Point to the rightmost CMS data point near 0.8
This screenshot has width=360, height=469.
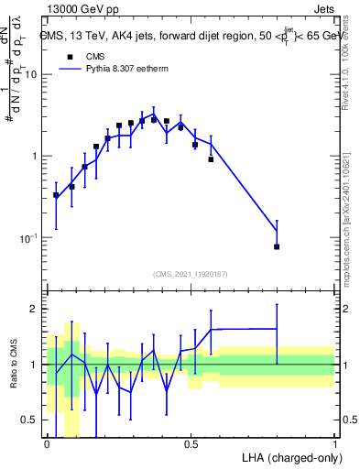coord(277,246)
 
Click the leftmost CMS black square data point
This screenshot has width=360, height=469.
coord(57,195)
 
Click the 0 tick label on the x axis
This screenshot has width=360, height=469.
coord(48,443)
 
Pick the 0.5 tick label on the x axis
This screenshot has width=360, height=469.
coord(191,443)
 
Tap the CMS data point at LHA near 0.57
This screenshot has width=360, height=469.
coord(211,159)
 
